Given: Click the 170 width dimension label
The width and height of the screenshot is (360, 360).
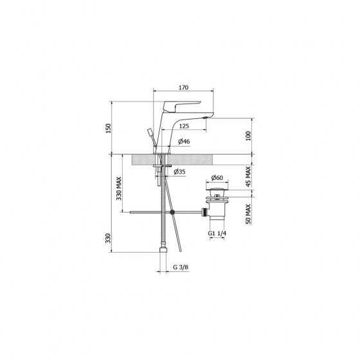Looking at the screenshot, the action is pyautogui.click(x=183, y=87).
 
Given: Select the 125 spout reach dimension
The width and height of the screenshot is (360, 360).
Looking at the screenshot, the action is pyautogui.click(x=184, y=126).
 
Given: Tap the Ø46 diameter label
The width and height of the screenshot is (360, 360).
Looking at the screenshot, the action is pyautogui.click(x=184, y=141).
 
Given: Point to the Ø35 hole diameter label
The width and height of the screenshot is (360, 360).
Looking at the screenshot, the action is pyautogui.click(x=179, y=172).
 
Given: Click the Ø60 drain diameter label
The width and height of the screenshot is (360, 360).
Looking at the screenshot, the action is pyautogui.click(x=217, y=177).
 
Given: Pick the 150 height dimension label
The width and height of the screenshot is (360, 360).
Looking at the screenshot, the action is pyautogui.click(x=108, y=129).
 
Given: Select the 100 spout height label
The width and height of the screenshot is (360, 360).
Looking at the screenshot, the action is pyautogui.click(x=248, y=136).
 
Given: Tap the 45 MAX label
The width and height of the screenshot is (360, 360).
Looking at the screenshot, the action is pyautogui.click(x=248, y=177).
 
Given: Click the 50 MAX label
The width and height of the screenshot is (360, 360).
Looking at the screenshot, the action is pyautogui.click(x=248, y=213).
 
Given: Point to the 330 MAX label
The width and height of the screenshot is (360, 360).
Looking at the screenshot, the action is pyautogui.click(x=119, y=188).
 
